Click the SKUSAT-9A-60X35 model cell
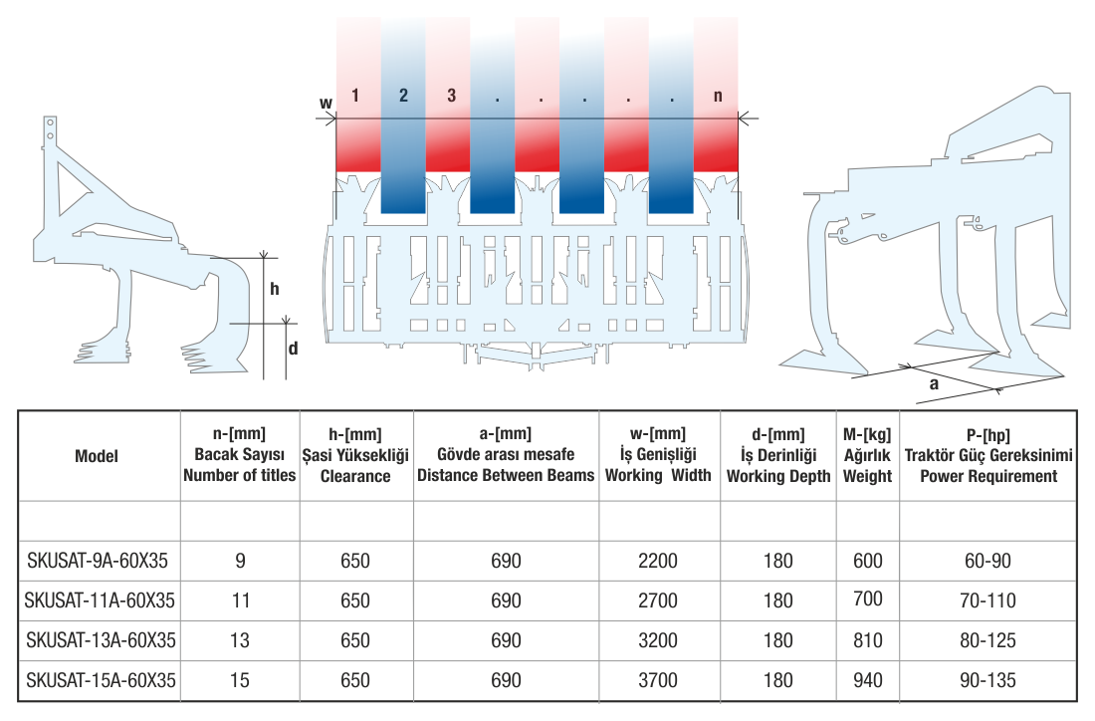[98, 561]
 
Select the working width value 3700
[658, 680]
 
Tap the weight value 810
[868, 640]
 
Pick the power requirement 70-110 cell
[987, 601]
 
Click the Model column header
[97, 455]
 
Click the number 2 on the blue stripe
[403, 95]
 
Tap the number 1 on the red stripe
[354, 95]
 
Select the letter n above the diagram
[717, 96]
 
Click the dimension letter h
[275, 289]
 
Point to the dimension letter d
[294, 348]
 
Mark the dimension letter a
[934, 383]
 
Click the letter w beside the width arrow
[326, 104]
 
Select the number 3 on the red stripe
[451, 95]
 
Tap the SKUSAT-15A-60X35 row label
[101, 680]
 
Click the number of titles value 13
[240, 640]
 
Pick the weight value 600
[868, 561]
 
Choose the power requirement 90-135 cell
[987, 680]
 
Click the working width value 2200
[658, 561]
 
